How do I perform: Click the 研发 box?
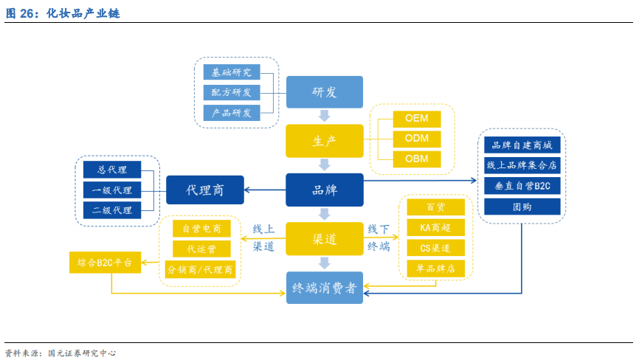(324, 92)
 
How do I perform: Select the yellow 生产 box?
(324, 141)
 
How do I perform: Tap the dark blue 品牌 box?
(324, 190)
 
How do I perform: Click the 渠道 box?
(324, 239)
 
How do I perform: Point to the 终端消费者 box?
(324, 288)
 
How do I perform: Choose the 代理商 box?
(204, 190)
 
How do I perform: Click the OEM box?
(416, 119)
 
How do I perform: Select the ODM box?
(416, 139)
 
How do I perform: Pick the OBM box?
(416, 159)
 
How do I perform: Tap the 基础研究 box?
(231, 72)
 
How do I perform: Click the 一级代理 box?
(111, 190)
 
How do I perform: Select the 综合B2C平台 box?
(104, 263)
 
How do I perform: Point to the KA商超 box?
(435, 227)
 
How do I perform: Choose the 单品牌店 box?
(435, 269)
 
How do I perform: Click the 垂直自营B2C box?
(522, 186)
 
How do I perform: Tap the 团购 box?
(522, 207)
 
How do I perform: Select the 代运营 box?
(201, 249)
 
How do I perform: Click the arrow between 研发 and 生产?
(324, 116)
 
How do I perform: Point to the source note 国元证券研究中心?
(81, 353)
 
